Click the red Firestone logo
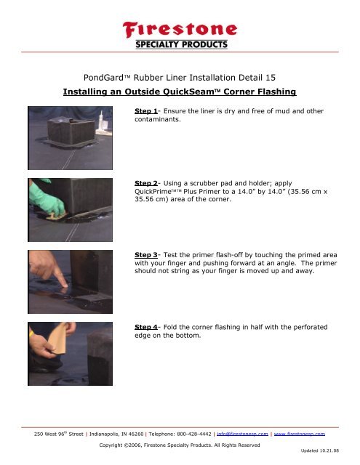(180, 31)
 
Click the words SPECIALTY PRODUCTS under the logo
(180, 45)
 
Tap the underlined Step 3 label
(149, 255)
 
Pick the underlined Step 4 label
(149, 328)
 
